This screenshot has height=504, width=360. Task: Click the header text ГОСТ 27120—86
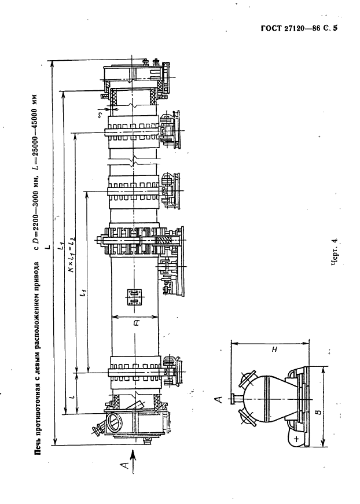click(x=291, y=28)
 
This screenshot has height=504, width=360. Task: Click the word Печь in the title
click(x=38, y=444)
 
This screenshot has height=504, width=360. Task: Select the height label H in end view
click(x=274, y=349)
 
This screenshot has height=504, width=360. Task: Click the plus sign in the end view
click(x=296, y=438)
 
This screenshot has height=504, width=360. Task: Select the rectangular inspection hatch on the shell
click(x=135, y=297)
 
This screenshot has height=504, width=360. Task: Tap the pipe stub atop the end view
click(x=236, y=399)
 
